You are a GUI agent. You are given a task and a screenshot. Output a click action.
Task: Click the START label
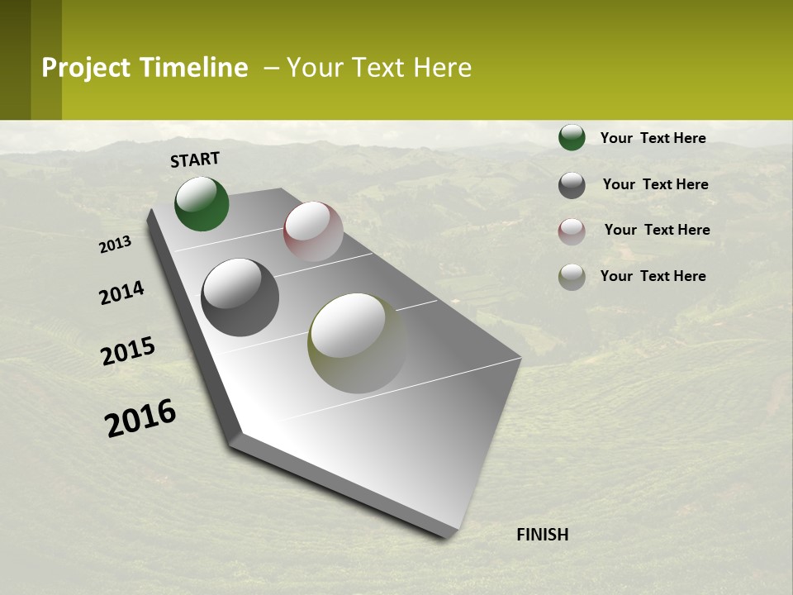(195, 159)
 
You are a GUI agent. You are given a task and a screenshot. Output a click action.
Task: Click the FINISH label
(542, 535)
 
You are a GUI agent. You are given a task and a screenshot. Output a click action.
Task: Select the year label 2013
(116, 245)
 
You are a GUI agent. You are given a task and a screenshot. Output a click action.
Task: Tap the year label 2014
(121, 293)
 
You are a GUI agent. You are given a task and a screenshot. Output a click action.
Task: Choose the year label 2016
(140, 418)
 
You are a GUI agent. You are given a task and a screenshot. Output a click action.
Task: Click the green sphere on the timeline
(202, 204)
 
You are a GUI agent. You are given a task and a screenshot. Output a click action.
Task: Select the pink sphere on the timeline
(313, 231)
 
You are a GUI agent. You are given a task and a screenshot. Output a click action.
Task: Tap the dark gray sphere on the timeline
(240, 297)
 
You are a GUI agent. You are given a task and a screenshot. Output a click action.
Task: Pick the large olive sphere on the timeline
(357, 343)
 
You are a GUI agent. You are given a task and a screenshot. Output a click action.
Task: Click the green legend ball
(572, 138)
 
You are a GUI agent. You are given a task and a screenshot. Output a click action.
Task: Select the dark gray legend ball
(572, 185)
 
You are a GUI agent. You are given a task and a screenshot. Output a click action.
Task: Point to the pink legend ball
(572, 231)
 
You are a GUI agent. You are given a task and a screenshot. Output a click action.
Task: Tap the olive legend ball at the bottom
(572, 277)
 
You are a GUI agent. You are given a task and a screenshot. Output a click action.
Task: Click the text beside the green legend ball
(653, 138)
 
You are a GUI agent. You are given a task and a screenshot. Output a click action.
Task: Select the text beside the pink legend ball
(657, 230)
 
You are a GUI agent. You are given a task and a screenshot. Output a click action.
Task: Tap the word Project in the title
(87, 68)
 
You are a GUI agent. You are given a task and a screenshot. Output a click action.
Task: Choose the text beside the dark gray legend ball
(655, 184)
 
